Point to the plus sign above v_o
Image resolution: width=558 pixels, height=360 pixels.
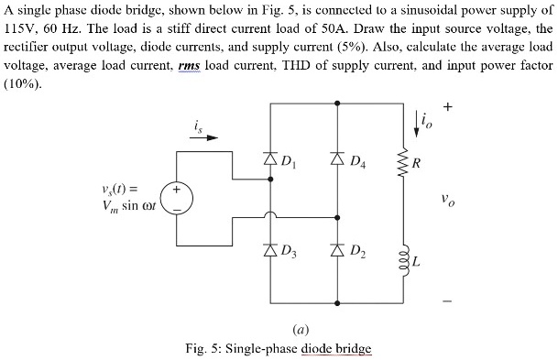[446, 107]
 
